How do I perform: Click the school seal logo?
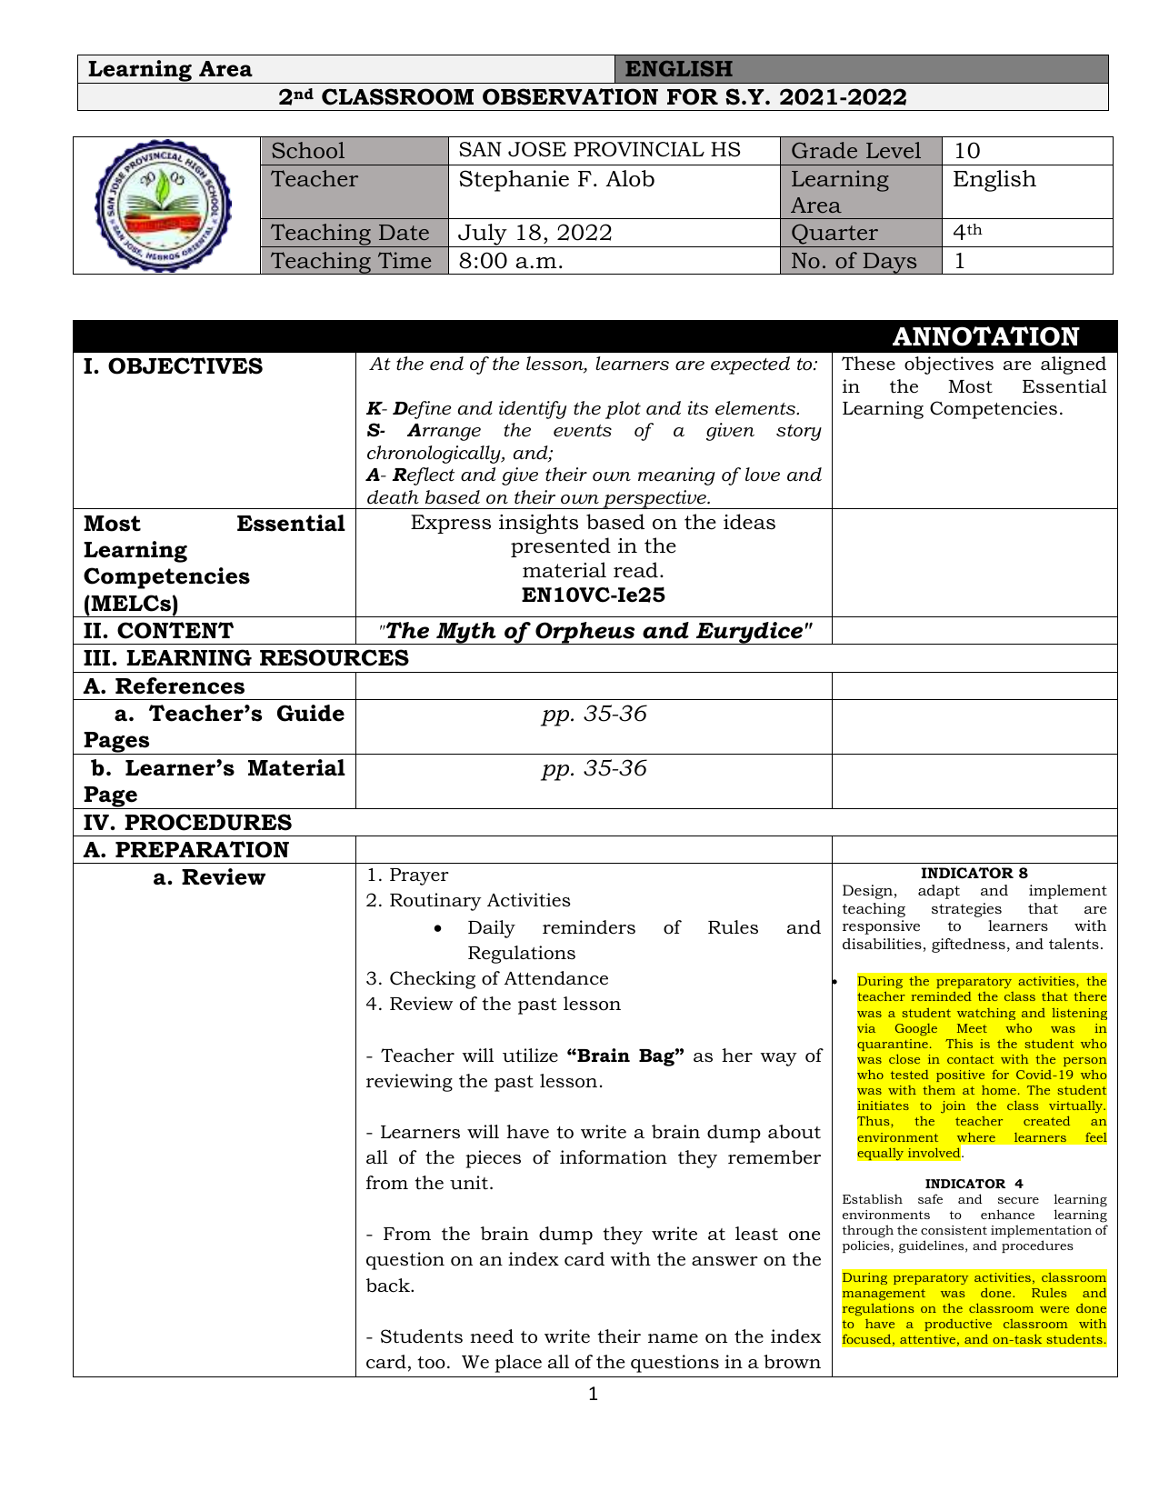pos(165,205)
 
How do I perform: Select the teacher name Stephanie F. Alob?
pos(556,180)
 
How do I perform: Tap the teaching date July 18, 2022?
pos(535,233)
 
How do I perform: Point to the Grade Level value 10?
pos(967,151)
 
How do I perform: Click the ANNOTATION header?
pos(985,336)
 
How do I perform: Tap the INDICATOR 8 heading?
pos(974,874)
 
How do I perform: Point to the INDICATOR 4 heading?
pos(974,1184)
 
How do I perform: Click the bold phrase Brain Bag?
pos(624,1056)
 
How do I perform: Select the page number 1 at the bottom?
pos(594,1394)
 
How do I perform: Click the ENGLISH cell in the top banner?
pos(679,69)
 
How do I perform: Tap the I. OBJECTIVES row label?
pos(174,366)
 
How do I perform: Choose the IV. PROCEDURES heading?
pos(188,823)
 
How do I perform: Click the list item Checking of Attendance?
pos(498,978)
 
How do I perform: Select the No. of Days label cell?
pos(854,261)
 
